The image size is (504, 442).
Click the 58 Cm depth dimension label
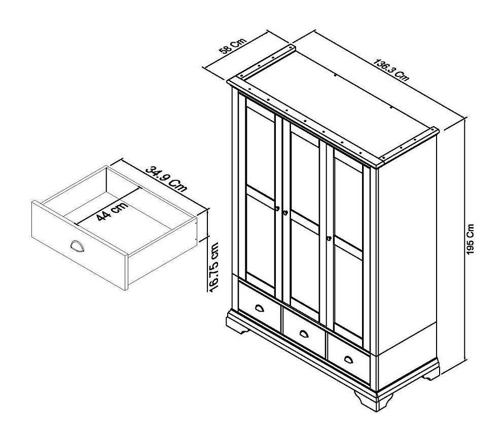point(232,46)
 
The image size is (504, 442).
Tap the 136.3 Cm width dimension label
point(391,70)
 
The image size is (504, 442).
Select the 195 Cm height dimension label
point(470,240)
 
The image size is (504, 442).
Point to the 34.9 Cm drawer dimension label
point(166,178)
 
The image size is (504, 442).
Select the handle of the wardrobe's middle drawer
point(303,334)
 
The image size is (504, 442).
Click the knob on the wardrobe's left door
point(277,209)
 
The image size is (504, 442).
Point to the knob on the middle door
point(285,212)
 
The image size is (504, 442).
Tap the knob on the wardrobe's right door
point(329,238)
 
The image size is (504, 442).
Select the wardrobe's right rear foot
point(430,374)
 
